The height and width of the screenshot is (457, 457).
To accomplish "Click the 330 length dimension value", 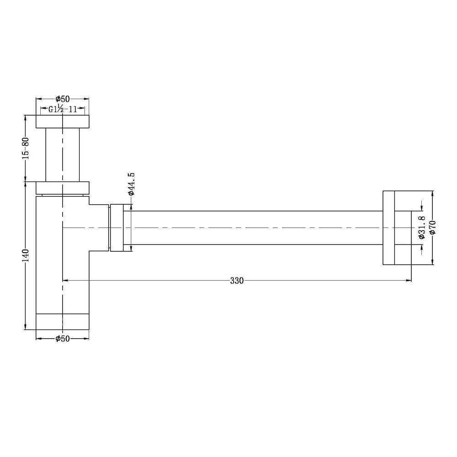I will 237,281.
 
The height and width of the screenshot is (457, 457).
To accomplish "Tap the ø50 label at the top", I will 63,99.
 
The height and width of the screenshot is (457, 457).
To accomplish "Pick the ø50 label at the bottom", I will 63,339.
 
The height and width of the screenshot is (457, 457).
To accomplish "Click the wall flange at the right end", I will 388,228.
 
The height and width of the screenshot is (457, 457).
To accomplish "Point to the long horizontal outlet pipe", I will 256,228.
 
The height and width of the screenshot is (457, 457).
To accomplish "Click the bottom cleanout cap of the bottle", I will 63,321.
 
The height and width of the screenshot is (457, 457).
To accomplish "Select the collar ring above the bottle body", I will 63,188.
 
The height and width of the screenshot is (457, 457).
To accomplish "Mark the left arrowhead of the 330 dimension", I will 65,281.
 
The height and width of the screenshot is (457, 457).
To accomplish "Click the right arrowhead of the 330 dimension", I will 409,281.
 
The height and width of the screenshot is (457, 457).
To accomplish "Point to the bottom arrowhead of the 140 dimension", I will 25,326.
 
